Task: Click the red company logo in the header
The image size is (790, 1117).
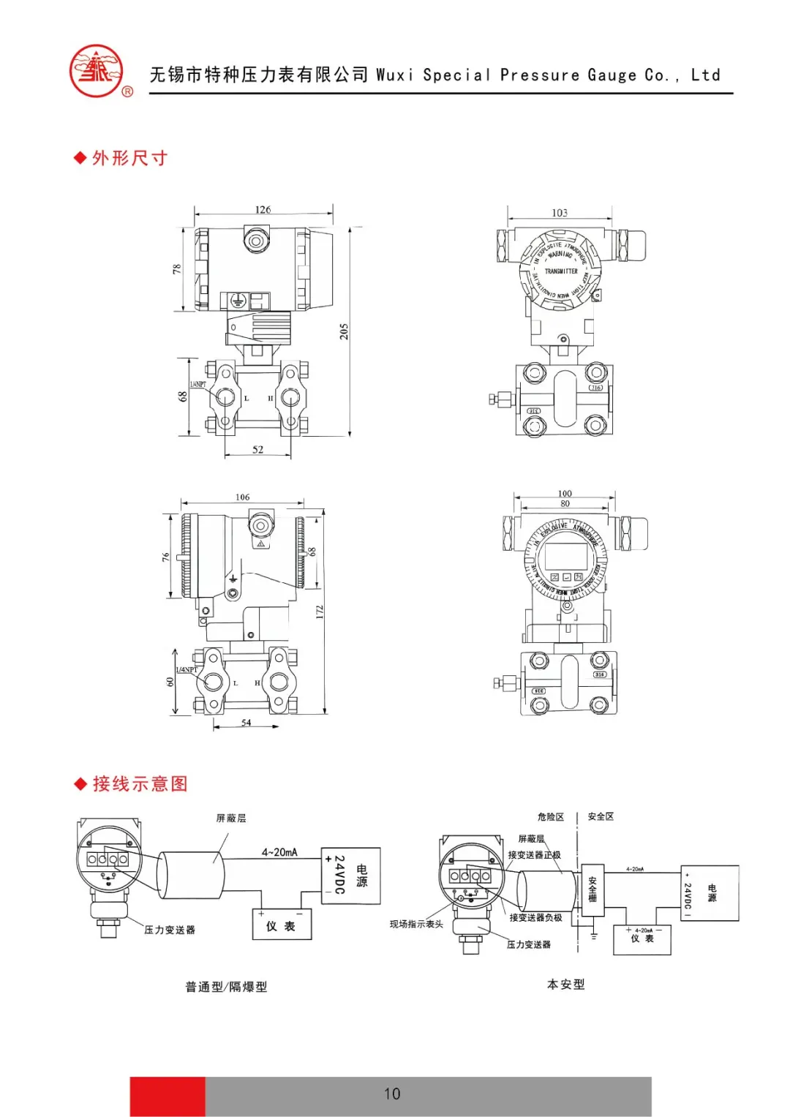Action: coord(97,72)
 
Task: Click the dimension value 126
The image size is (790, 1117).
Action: coord(263,210)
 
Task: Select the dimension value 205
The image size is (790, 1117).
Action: coord(344,331)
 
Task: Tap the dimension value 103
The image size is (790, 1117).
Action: coord(560,213)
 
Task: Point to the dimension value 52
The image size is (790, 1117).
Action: coord(257,450)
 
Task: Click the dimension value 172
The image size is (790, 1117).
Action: coord(320,612)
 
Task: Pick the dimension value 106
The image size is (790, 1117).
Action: coord(242,497)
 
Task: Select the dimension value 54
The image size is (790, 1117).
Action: coord(247,723)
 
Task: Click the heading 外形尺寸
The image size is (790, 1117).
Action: coord(129,158)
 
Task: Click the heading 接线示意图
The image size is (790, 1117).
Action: coord(140,784)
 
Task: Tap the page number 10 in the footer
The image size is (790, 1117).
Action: coord(392,1094)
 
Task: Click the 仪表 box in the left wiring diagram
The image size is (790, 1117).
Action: coord(281,925)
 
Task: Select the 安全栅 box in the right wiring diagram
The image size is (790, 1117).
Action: coord(592,889)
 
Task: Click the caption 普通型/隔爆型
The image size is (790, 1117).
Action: coord(226,987)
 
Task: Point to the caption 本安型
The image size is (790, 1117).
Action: coord(565,985)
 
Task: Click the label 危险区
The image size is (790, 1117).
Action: coord(550,817)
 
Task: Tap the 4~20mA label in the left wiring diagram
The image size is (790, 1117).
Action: coord(279,852)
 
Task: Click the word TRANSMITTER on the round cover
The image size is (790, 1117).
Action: coord(561,271)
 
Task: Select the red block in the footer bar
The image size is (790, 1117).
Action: coord(168,1096)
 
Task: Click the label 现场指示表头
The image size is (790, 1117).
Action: coord(416,925)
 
